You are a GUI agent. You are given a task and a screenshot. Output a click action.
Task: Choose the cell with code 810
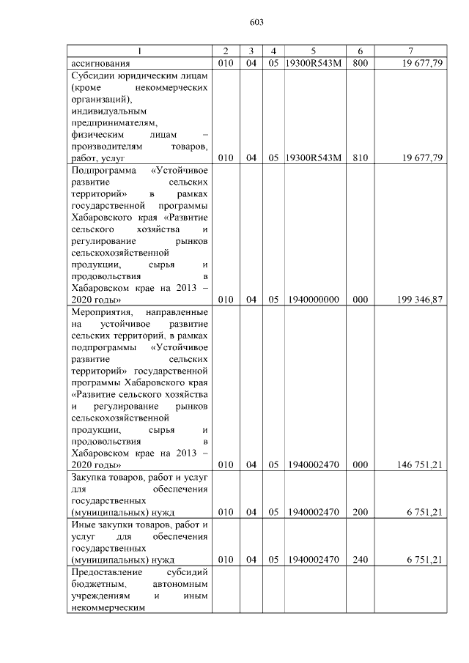click(x=360, y=158)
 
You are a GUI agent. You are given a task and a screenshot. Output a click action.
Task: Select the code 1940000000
click(x=313, y=300)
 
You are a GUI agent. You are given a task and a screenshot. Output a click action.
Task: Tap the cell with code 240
click(x=360, y=560)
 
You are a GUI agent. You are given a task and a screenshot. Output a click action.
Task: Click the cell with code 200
click(x=360, y=513)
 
